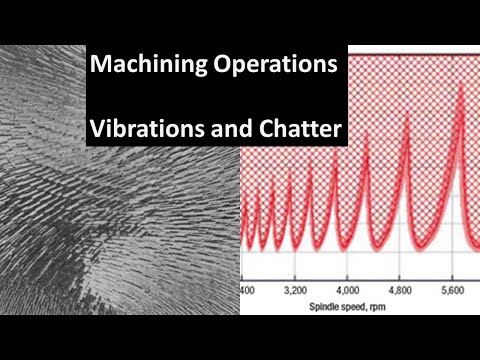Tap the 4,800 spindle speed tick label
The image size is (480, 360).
coord(401,290)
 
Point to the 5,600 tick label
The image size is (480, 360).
coord(457,290)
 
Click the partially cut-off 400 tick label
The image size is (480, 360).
coord(246,290)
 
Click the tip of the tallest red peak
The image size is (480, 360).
coord(460,84)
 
